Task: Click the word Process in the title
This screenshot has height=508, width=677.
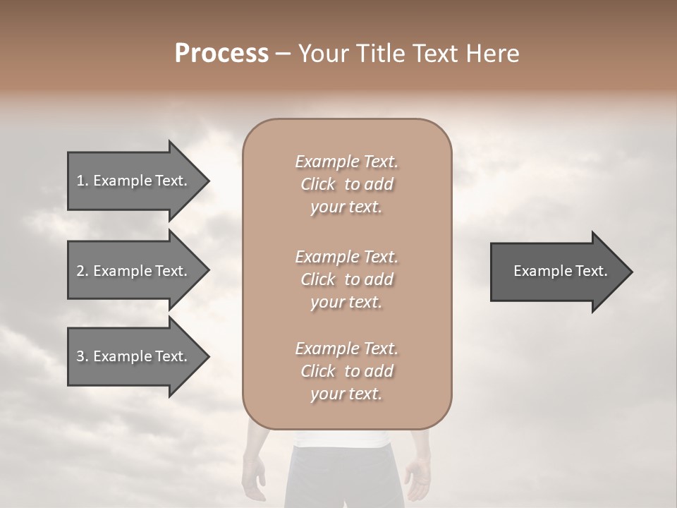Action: (221, 54)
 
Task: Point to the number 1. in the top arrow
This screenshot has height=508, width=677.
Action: (83, 181)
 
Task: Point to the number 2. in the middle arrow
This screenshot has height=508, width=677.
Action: (83, 271)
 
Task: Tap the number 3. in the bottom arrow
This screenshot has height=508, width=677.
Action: (83, 356)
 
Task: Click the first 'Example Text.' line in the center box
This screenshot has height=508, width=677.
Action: (346, 162)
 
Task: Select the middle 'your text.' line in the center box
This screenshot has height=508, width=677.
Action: (346, 303)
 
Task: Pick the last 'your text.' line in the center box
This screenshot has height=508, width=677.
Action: (346, 394)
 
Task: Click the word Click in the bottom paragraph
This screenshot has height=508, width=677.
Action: (318, 371)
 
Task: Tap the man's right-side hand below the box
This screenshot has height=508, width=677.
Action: (418, 480)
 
